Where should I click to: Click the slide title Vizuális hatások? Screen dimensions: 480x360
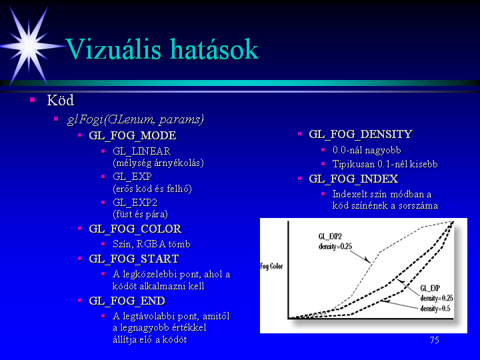click(162, 49)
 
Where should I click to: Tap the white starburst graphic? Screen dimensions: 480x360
click(29, 46)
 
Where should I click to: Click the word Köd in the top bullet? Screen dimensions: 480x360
click(60, 101)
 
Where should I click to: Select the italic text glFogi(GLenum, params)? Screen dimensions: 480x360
click(135, 120)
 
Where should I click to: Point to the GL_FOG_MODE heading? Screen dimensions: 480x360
click(133, 135)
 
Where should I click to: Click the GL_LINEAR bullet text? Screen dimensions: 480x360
click(142, 151)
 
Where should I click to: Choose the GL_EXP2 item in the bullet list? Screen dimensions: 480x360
click(135, 203)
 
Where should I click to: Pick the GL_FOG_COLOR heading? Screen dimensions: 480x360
click(135, 229)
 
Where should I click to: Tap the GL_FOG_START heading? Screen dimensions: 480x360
click(134, 259)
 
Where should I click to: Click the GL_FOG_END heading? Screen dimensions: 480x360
click(127, 301)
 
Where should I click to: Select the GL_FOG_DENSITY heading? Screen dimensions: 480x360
click(361, 134)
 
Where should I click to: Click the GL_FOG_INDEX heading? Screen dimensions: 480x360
click(353, 179)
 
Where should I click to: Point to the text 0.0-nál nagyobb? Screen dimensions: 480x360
click(367, 150)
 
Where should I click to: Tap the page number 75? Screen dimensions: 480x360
click(435, 340)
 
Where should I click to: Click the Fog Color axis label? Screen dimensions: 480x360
click(271, 266)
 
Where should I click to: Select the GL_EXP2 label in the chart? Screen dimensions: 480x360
click(330, 236)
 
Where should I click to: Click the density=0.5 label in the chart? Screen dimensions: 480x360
click(435, 308)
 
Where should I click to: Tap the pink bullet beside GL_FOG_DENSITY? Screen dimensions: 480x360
click(300, 134)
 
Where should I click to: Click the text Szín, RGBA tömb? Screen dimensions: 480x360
click(151, 244)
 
